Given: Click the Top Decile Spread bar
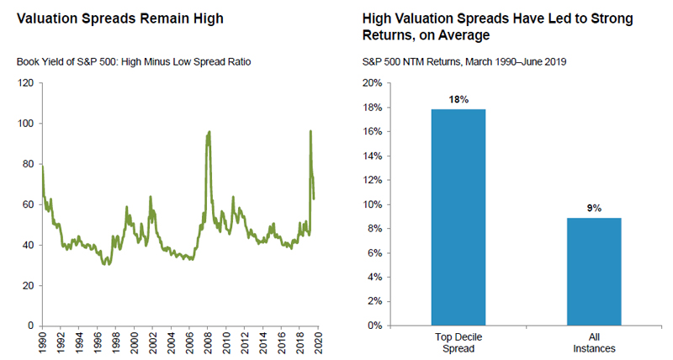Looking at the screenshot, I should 459,217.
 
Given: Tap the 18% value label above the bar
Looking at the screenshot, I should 458,99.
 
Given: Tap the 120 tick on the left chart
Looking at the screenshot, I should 24,83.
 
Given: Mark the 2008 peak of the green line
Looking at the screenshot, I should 209,131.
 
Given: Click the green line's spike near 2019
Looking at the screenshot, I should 310,131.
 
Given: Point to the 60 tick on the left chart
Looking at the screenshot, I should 27,204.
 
